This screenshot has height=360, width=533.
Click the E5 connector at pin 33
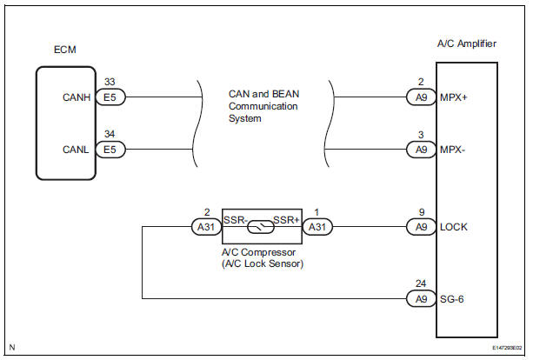tap(110, 98)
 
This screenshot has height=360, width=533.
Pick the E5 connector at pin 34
tap(110, 150)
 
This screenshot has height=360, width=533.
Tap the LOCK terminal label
tap(455, 227)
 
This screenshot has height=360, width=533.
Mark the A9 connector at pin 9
tap(421, 227)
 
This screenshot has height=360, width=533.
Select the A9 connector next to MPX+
tap(421, 98)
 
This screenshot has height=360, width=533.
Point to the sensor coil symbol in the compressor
tap(262, 227)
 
